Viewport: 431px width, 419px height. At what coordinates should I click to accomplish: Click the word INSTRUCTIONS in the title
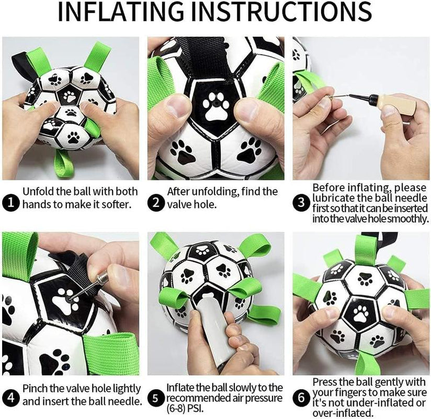[x=291, y=13]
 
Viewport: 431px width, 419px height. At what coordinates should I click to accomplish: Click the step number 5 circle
[x=155, y=398]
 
